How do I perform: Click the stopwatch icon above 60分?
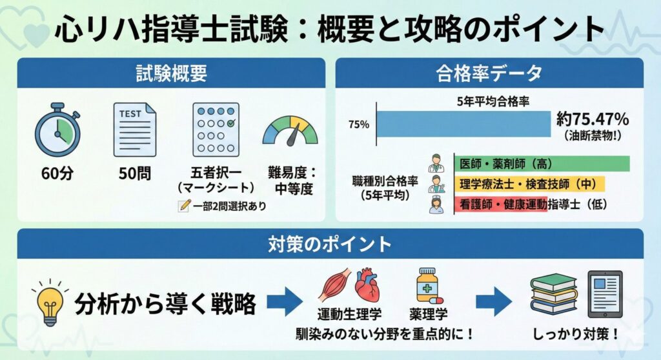(x=57, y=131)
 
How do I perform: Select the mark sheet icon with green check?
(x=216, y=129)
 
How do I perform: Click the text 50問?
(x=134, y=174)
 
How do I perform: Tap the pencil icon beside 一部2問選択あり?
(x=183, y=206)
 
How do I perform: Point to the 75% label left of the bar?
(x=359, y=125)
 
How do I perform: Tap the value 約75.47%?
(x=593, y=119)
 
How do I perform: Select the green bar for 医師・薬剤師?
(x=542, y=164)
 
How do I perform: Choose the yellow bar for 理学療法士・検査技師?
(x=530, y=184)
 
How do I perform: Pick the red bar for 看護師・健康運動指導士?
(x=501, y=205)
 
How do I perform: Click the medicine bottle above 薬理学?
(x=427, y=286)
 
